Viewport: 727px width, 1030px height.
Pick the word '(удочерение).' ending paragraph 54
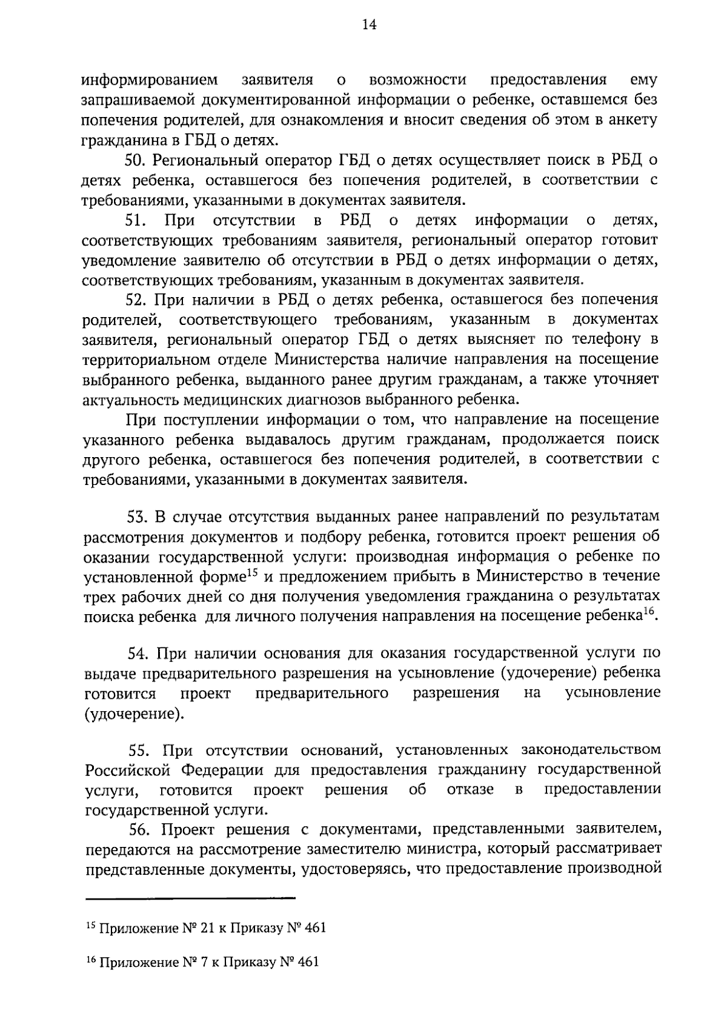[x=134, y=714]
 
